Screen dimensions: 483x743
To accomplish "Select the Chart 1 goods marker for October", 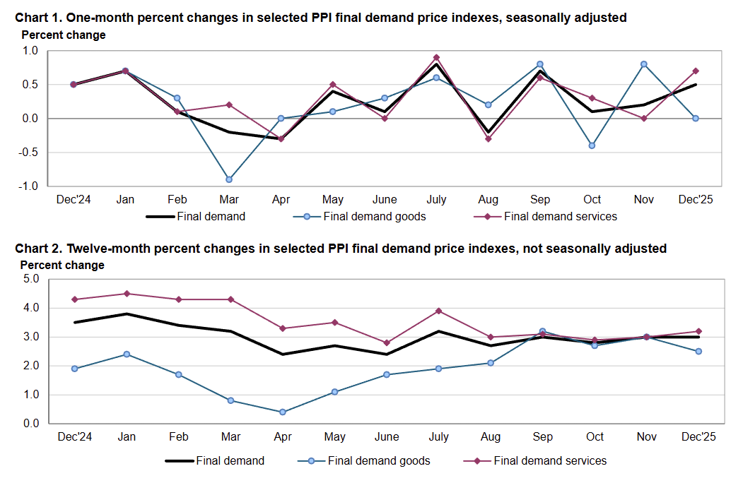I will (x=592, y=145).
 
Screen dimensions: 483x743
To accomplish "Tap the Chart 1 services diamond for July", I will (x=436, y=57).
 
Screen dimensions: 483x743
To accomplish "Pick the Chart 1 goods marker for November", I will (x=643, y=64).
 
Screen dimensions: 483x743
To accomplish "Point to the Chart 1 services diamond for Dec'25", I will (x=696, y=71).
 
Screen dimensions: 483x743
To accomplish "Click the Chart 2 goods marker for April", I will (x=283, y=412).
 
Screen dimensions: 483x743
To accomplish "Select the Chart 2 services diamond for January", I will (x=127, y=294).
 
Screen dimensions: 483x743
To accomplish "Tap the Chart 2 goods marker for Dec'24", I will (x=74, y=369).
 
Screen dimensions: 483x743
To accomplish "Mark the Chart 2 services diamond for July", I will (x=439, y=311).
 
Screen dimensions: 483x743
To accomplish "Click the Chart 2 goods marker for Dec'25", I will (x=698, y=351).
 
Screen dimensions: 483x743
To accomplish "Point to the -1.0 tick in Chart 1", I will (x=30, y=186).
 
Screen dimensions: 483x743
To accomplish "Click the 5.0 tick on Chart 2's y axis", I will (x=30, y=279).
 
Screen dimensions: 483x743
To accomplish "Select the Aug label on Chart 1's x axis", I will (x=488, y=200).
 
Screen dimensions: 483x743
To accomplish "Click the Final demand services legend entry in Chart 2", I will (x=550, y=461).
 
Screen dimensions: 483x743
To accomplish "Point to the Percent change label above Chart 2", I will (x=63, y=266).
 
